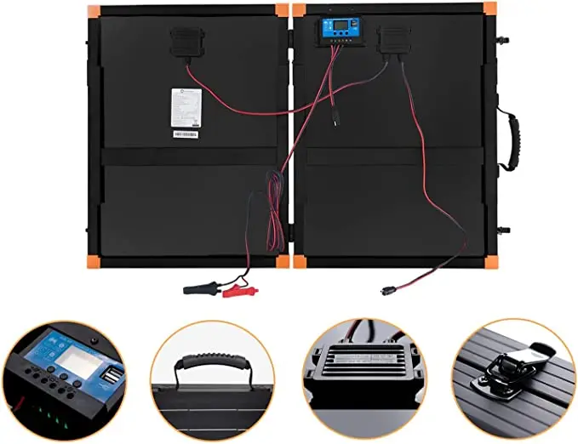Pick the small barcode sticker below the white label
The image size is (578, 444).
point(185,134)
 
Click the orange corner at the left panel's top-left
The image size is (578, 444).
point(94,10)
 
